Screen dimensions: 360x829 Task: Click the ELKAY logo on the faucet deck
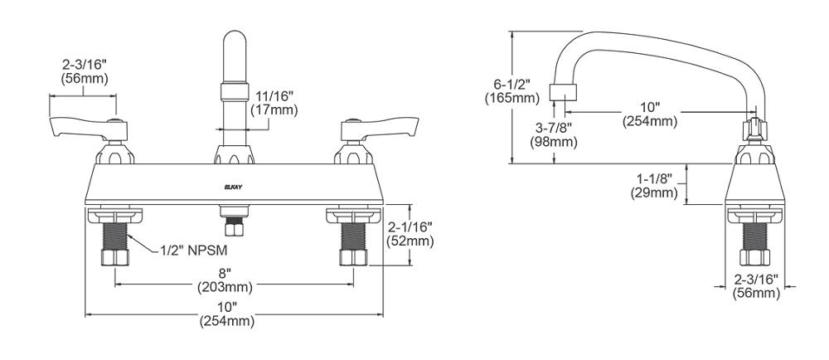click(233, 187)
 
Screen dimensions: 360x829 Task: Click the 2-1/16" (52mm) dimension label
click(410, 234)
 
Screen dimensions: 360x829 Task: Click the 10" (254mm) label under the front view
click(226, 314)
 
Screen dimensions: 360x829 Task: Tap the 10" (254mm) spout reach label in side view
click(650, 114)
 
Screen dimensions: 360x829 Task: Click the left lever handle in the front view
click(85, 127)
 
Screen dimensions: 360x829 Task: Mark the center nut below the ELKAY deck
click(233, 224)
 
